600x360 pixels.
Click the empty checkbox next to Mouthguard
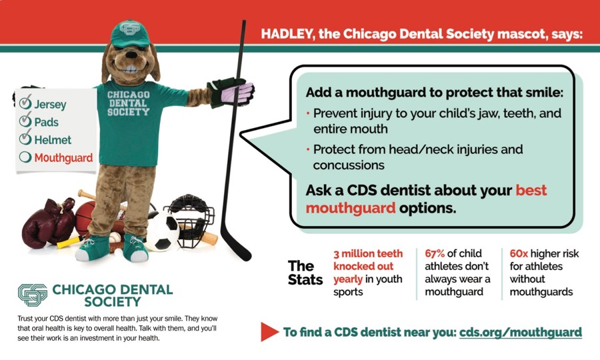25,157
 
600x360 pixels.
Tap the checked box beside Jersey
25,102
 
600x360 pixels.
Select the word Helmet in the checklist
53,140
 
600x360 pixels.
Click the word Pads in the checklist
46,122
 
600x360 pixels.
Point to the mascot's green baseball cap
131,33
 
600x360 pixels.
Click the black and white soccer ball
162,232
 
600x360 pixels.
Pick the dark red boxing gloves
48,222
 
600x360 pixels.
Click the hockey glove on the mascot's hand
231,92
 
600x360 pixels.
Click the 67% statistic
434,253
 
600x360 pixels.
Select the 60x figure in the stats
519,253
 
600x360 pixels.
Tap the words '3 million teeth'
368,253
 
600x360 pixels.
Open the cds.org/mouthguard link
521,332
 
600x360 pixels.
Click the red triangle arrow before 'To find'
269,332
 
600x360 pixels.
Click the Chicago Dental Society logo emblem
33,295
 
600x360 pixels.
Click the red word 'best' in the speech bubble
531,190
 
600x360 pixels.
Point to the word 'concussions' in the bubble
349,165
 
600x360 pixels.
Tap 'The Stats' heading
305,273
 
